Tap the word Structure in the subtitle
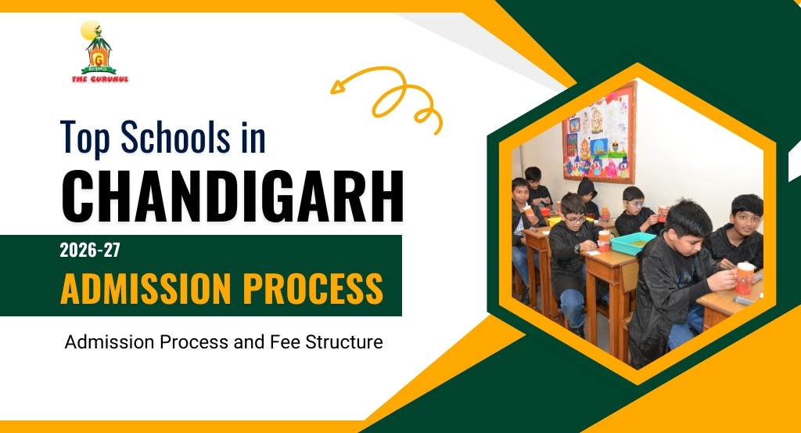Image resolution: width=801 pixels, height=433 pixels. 343,342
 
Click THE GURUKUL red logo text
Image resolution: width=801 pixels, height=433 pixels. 99,79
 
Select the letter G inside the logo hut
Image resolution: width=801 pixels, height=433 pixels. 99,57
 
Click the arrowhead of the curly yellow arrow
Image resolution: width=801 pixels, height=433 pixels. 338,86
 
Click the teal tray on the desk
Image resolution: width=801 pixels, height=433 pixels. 633,244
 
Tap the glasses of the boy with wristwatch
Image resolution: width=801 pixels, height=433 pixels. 574,219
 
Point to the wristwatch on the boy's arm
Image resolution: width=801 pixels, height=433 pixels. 577,248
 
